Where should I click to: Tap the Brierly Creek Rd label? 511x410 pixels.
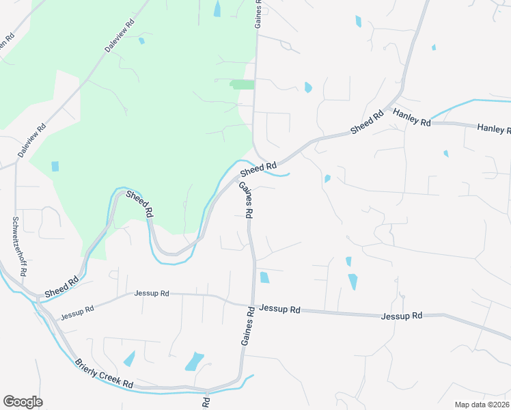104,374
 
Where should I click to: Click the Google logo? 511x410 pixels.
23,402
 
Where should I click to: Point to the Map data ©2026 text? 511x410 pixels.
482,405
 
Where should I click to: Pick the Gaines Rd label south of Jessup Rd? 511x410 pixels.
247,326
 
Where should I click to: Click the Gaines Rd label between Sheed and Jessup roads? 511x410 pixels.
246,200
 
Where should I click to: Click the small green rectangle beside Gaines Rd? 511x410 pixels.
243,85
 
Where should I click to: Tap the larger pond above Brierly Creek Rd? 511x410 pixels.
195,361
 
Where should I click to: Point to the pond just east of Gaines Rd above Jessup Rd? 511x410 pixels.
264,277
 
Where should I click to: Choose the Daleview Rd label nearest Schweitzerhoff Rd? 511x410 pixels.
32,141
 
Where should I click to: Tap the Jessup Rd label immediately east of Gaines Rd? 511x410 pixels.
280,310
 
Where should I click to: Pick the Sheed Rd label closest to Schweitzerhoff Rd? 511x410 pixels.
61,286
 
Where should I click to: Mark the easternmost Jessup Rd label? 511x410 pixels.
402,316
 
